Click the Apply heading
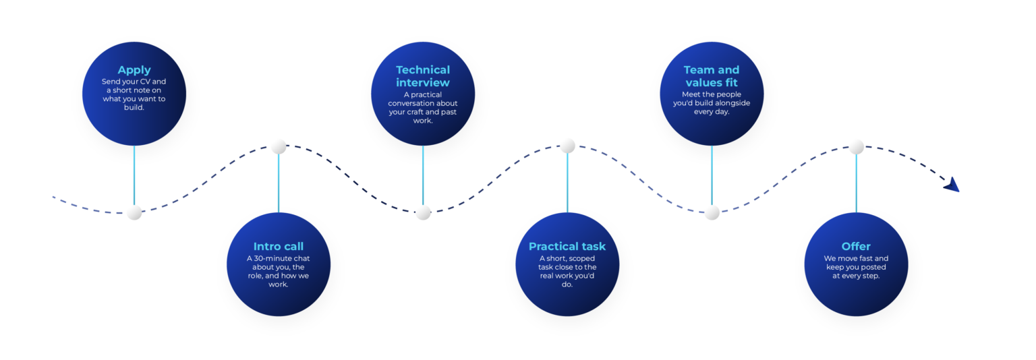[134, 70]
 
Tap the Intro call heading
[279, 246]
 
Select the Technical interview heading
[423, 76]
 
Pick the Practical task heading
[567, 246]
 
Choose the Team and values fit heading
[712, 76]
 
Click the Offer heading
[856, 246]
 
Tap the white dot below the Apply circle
[134, 212]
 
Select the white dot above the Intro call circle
[279, 146]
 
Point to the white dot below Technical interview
[423, 212]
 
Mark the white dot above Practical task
[567, 146]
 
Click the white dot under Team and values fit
[712, 212]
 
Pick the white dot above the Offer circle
[856, 147]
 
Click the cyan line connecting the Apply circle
[134, 175]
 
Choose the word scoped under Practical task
[582, 259]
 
